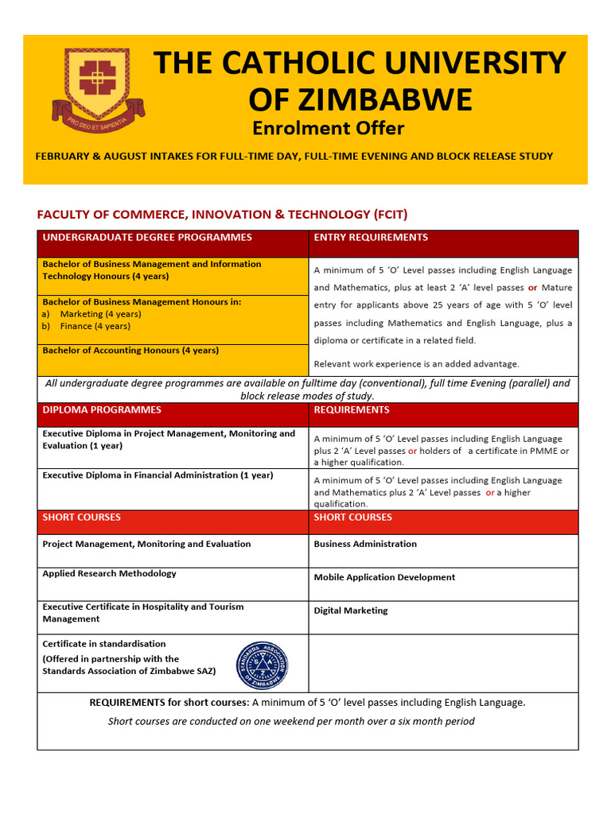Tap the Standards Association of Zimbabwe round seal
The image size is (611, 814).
(x=263, y=665)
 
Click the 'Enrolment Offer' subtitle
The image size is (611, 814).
(x=328, y=128)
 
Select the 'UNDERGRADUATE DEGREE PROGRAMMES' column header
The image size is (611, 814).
(x=147, y=238)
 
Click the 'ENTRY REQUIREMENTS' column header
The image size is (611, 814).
(x=371, y=238)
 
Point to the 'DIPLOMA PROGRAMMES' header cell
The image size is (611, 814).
(x=102, y=410)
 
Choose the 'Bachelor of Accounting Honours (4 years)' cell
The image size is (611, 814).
(x=130, y=351)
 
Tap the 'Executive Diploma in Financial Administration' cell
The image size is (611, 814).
(x=158, y=475)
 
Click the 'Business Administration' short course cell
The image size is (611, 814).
(x=365, y=545)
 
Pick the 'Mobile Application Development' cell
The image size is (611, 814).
(x=384, y=578)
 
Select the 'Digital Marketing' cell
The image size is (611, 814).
(x=351, y=611)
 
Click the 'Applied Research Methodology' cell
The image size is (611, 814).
(x=110, y=574)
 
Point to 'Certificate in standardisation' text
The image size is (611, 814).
(x=104, y=644)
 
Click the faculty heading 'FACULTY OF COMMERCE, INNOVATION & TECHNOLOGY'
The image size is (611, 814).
(x=223, y=215)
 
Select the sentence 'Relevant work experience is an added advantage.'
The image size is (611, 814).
(x=416, y=364)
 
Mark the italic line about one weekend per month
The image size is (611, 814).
(x=291, y=722)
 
